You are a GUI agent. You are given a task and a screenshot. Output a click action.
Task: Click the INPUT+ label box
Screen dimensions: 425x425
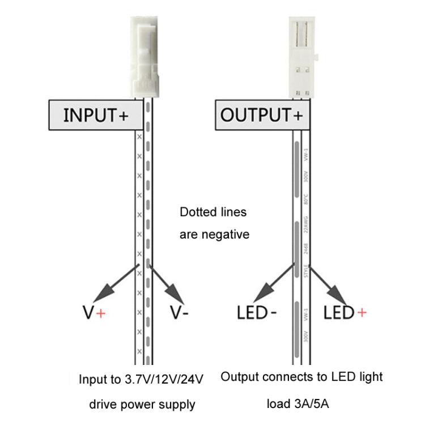point(95,116)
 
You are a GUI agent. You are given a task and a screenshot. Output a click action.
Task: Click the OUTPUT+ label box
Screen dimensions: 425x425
point(262,116)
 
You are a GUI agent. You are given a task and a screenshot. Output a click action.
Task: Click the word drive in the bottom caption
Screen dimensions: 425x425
point(103,405)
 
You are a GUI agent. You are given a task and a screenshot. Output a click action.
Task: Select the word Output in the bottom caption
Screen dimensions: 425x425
point(238,376)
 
